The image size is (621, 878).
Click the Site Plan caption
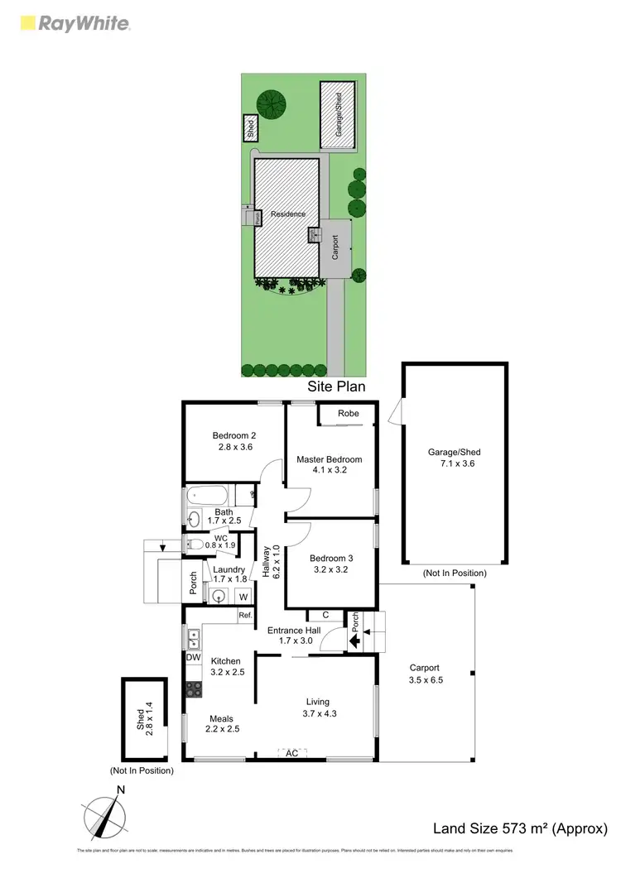[336, 386]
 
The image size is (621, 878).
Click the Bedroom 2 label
[233, 441]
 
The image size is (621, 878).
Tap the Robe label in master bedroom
[348, 415]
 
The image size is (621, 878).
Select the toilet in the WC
[194, 544]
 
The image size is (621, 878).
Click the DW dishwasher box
[193, 657]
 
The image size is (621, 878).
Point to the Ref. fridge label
[244, 615]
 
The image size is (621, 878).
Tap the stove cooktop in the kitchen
[193, 688]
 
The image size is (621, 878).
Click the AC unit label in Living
[291, 753]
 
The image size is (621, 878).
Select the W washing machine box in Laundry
[243, 597]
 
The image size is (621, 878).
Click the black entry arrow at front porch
[354, 640]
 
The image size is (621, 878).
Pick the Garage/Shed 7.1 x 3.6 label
[454, 458]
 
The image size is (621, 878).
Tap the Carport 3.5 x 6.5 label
[426, 674]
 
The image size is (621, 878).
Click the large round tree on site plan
[271, 104]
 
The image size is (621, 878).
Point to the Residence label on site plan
[288, 214]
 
